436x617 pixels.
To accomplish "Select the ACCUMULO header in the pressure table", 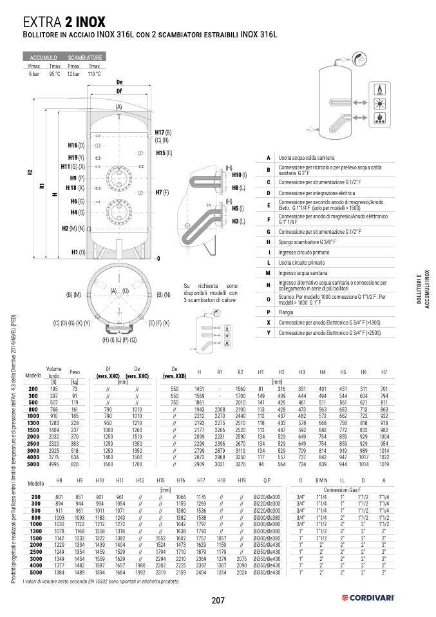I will [43, 58].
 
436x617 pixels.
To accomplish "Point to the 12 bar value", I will [73, 74].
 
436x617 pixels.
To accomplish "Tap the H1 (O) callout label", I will [77, 252].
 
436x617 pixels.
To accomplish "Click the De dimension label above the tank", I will [119, 82].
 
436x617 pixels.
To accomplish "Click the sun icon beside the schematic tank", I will [380, 102].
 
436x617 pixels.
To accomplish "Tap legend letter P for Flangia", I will [267, 312].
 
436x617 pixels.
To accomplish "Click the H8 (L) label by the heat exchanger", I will [238, 187].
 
